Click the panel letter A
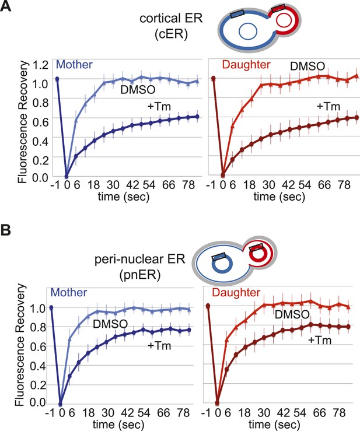5,5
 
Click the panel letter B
5,230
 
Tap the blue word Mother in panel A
74,65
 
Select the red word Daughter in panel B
236,292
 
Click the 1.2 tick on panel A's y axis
40,65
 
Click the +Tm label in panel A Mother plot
159,106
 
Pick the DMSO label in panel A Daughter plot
307,66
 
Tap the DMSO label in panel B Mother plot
110,324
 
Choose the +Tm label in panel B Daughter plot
320,340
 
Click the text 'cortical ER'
171,19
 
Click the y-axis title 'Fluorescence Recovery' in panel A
23,122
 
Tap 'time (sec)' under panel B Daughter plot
274,425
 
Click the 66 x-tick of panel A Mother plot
169,185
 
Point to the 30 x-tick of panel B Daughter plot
263,412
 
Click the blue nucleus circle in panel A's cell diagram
248,31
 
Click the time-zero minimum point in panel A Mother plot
67,176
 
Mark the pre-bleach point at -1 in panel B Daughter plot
208,306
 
